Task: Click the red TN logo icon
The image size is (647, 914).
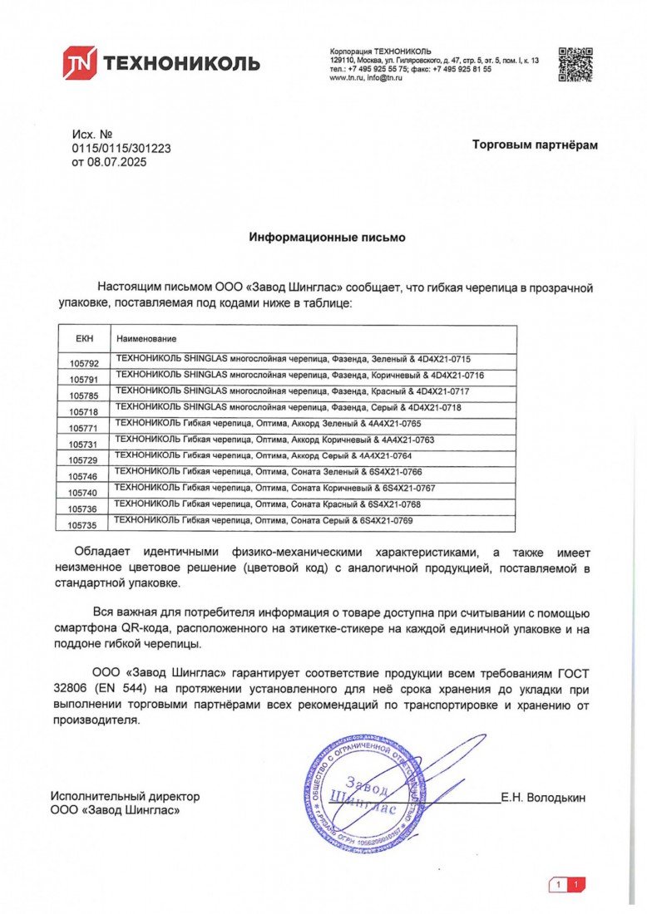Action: pyautogui.click(x=81, y=62)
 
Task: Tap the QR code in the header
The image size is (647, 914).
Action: pyautogui.click(x=575, y=63)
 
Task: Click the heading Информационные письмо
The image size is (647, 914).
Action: pyautogui.click(x=328, y=238)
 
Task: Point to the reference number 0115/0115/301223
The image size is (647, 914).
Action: pyautogui.click(x=121, y=148)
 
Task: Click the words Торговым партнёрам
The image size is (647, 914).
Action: pyautogui.click(x=535, y=145)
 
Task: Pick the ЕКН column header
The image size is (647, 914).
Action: pyautogui.click(x=85, y=339)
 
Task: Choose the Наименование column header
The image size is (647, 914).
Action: pyautogui.click(x=146, y=339)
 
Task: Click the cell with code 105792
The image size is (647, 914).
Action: pyautogui.click(x=85, y=363)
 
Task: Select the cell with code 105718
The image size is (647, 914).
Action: pyautogui.click(x=85, y=411)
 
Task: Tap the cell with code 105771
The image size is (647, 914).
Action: pyautogui.click(x=85, y=427)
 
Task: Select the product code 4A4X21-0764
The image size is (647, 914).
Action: pyautogui.click(x=374, y=456)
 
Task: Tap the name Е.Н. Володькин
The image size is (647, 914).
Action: pyautogui.click(x=543, y=798)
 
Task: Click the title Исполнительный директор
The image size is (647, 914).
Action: pyautogui.click(x=125, y=796)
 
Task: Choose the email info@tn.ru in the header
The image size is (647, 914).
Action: pyautogui.click(x=385, y=77)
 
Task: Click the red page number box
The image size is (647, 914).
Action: pyautogui.click(x=568, y=885)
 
